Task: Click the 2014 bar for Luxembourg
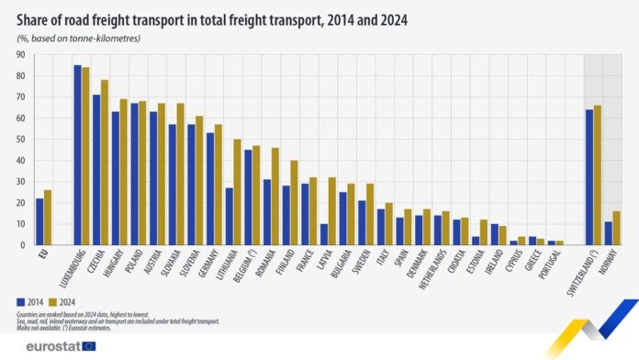click(x=78, y=155)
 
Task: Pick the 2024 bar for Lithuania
click(x=237, y=192)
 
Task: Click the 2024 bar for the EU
click(x=48, y=218)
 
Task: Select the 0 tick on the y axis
click(x=20, y=245)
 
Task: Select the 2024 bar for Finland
click(x=293, y=203)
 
